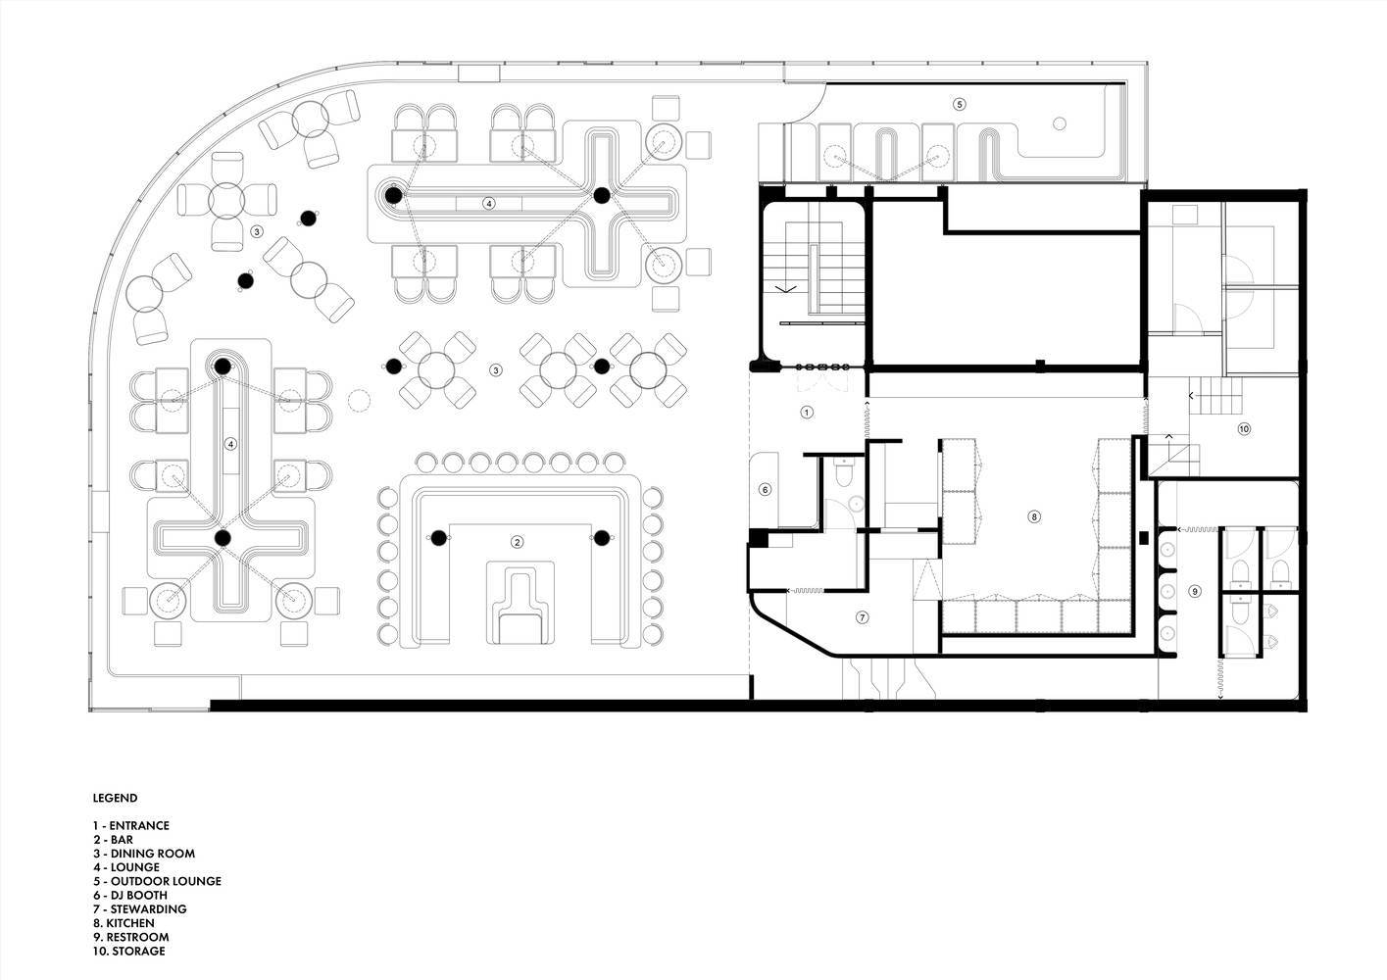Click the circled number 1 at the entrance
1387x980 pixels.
coord(806,412)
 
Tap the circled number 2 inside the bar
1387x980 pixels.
coord(517,542)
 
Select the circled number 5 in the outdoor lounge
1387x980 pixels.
coord(959,104)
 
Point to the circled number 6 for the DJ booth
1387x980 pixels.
coord(766,490)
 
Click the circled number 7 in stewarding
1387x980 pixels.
coord(862,617)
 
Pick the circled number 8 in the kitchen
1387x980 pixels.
coord(1033,516)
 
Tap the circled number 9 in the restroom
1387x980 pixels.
coord(1195,591)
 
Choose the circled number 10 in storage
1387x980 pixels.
coord(1244,428)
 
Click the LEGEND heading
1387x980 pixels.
coord(115,798)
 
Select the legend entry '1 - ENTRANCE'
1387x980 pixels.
coord(131,825)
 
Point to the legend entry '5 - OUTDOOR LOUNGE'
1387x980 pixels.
coord(157,881)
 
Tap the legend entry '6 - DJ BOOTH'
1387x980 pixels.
coord(130,895)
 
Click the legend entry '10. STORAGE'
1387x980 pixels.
coord(129,951)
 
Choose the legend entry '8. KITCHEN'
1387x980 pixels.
coord(124,923)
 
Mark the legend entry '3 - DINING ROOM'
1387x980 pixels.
coord(144,853)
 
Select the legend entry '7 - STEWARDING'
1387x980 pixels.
coord(140,908)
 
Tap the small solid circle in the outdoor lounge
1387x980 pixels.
coord(1060,123)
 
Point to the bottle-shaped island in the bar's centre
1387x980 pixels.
coord(520,603)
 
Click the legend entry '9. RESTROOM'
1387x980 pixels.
coord(131,937)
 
